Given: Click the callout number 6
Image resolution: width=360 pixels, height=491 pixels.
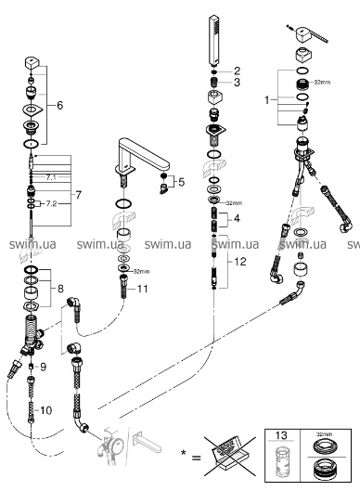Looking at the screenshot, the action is tap(59, 105).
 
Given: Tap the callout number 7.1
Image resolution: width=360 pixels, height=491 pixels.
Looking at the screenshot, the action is tap(51, 177).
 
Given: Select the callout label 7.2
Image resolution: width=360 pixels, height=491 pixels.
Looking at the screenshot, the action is tap(51, 204).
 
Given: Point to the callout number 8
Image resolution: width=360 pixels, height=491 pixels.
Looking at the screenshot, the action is tap(60, 289).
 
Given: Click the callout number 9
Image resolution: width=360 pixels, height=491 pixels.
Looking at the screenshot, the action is tap(43, 367).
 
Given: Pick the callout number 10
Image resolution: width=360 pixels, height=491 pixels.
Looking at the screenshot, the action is tap(45, 410).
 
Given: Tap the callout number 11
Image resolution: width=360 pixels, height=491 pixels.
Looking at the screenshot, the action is tap(143, 289).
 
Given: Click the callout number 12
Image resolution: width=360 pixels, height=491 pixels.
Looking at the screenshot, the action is tap(240, 261).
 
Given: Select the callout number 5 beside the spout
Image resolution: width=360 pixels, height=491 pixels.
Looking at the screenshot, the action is tap(182, 182).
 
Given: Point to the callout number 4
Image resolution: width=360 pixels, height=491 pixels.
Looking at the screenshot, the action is tap(237, 218).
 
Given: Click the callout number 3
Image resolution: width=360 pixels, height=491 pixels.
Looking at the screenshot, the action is tap(237, 83).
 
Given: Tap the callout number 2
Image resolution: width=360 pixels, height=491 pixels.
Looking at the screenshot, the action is tap(237, 71).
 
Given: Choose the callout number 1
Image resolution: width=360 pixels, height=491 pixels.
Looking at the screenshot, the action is tap(266, 100).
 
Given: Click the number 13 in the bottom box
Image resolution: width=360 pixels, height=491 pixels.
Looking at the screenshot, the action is tap(281, 435).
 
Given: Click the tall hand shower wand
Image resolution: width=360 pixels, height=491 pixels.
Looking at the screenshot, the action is tap(214, 40).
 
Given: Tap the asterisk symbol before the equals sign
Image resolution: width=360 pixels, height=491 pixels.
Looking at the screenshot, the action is tap(184, 451).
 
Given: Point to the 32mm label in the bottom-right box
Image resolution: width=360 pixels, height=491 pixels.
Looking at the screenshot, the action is tap(324, 434).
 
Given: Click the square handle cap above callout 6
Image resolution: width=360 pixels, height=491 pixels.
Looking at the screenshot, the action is tap(32, 62).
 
